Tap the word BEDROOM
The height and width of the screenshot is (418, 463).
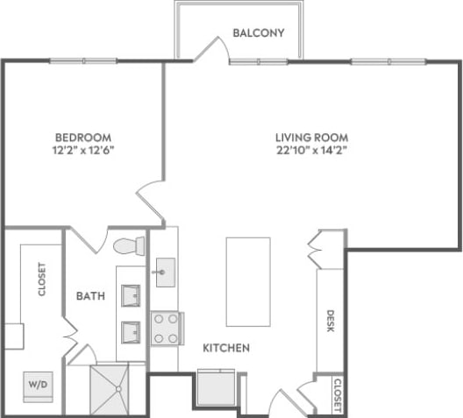coord(82,138)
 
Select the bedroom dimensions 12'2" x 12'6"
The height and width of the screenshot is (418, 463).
coord(82,151)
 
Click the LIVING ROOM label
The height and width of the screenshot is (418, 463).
coord(311,138)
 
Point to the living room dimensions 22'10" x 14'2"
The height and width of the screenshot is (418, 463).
coord(311,151)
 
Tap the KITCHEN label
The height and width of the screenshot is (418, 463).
coord(226,348)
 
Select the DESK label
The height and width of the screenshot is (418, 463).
coord(331,321)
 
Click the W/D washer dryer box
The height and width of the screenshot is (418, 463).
coord(39,384)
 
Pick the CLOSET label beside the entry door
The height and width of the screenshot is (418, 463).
coord(337,395)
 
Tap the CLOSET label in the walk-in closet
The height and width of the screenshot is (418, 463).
coord(42,280)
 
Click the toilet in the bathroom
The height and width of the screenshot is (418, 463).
coord(128,244)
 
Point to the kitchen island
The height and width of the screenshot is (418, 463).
coord(248,281)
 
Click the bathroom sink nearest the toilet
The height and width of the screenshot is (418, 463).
coord(131,295)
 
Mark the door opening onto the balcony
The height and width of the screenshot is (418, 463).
coord(210,50)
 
